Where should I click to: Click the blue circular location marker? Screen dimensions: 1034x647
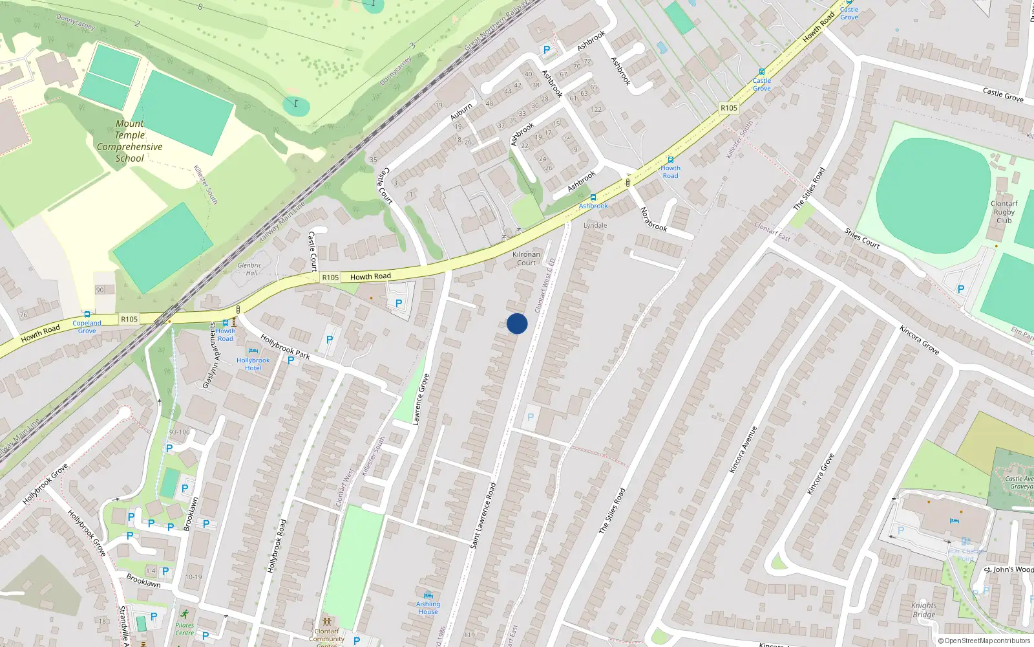(x=517, y=323)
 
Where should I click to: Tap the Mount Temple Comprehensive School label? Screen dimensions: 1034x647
(x=130, y=141)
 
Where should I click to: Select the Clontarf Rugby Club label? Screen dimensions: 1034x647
(x=1004, y=212)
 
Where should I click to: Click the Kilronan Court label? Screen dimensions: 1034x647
(x=526, y=259)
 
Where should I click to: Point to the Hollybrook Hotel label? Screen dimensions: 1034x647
(x=253, y=364)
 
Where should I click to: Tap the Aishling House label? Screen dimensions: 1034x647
(x=428, y=608)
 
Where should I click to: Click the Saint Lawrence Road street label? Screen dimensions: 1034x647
(x=483, y=516)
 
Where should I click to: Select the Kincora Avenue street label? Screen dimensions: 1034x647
(x=743, y=450)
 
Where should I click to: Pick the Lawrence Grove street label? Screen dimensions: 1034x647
(x=421, y=399)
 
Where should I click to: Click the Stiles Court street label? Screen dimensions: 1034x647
(x=862, y=239)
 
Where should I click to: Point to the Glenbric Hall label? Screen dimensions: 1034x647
(x=249, y=269)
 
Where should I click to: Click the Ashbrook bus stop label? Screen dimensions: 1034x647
(x=593, y=206)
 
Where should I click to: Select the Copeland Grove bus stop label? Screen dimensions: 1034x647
(x=87, y=327)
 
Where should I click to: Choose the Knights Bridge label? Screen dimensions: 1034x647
(x=923, y=610)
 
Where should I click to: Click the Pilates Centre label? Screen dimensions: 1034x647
(x=184, y=629)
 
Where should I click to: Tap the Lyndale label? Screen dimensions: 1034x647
(x=595, y=226)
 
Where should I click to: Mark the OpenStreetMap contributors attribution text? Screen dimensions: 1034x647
(x=984, y=641)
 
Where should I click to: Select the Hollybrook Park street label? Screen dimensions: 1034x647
(x=285, y=346)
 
